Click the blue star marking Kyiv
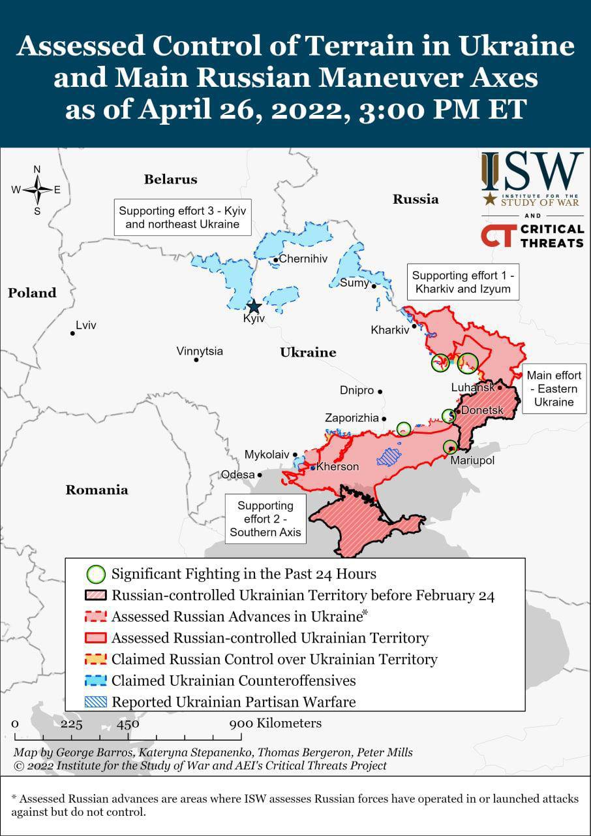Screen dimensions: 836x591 [254, 306]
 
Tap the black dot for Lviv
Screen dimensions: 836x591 [72, 333]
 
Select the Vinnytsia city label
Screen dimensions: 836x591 [200, 351]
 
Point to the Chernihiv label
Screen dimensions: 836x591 [303, 259]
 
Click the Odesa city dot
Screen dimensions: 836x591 [260, 475]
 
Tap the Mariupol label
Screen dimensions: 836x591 [472, 460]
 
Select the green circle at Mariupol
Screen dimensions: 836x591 [450, 447]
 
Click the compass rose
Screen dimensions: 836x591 [37, 190]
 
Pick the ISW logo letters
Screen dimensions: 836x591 [532, 172]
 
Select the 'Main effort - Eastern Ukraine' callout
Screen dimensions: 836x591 [554, 389]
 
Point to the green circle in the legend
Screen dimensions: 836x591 [96, 575]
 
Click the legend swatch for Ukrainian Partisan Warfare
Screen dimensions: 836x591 [96, 702]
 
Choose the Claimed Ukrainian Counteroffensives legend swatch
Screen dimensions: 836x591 [96, 681]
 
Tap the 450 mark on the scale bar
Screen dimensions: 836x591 [128, 724]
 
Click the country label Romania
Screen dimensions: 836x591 [97, 490]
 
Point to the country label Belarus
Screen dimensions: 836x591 [170, 179]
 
